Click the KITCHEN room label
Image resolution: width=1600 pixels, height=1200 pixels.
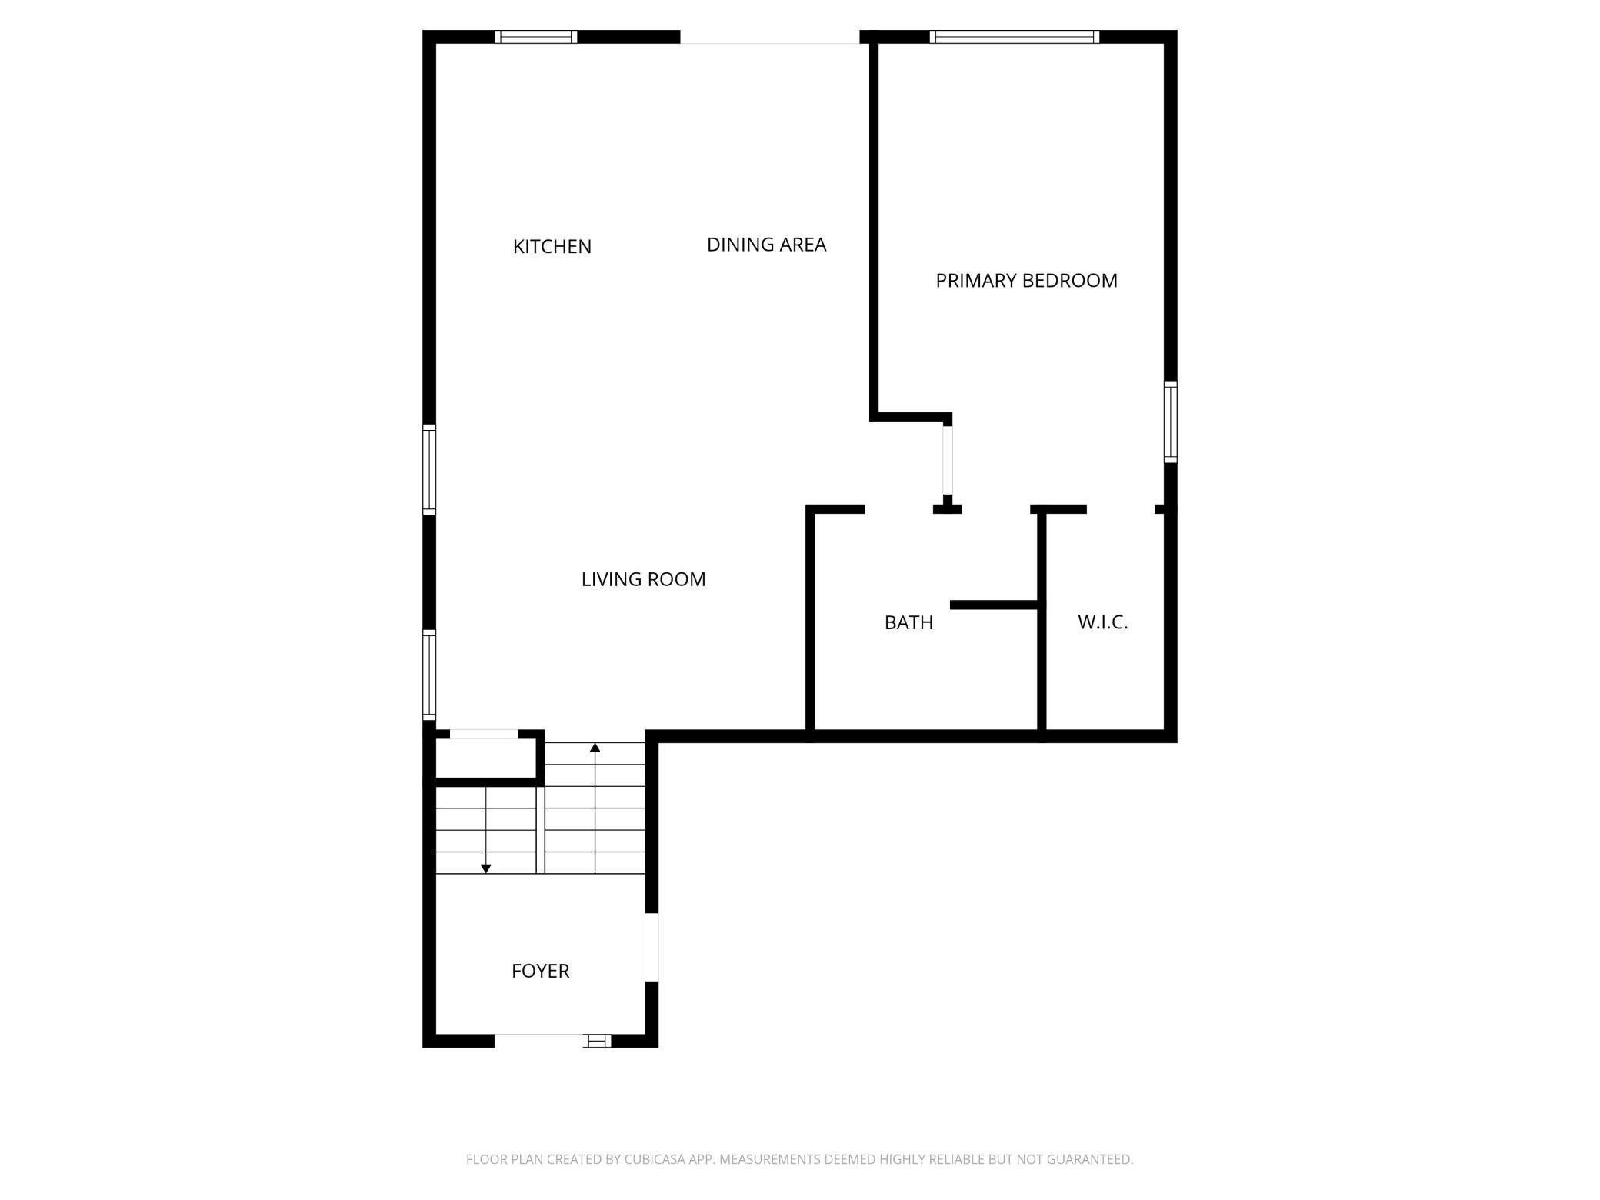pyautogui.click(x=552, y=247)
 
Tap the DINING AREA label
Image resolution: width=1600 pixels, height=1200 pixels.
pyautogui.click(x=766, y=245)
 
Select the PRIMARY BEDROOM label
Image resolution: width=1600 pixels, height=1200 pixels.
pyautogui.click(x=1026, y=281)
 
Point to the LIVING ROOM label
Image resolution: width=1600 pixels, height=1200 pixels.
pyautogui.click(x=643, y=579)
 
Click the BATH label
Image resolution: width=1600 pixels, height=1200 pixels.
pyautogui.click(x=908, y=622)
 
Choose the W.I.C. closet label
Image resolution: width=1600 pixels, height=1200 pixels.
pyautogui.click(x=1102, y=622)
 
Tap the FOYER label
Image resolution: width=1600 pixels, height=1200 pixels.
pyautogui.click(x=540, y=971)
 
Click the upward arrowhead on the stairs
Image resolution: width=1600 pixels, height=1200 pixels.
pyautogui.click(x=595, y=747)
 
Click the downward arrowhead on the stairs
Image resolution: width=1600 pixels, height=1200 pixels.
pyautogui.click(x=486, y=868)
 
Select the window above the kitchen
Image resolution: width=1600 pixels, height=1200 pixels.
pyautogui.click(x=535, y=36)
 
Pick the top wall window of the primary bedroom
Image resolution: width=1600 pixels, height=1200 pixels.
pyautogui.click(x=1014, y=36)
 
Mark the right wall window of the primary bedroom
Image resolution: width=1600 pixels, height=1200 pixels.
pyautogui.click(x=1170, y=422)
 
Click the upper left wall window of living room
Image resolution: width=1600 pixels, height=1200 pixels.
pyautogui.click(x=429, y=469)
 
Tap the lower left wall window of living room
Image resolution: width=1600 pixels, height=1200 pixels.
pyautogui.click(x=429, y=675)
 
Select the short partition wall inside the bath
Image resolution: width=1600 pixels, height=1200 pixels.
pyautogui.click(x=994, y=605)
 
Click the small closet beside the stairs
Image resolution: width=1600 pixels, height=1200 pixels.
pyautogui.click(x=485, y=758)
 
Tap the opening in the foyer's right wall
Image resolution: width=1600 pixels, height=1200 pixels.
pyautogui.click(x=652, y=947)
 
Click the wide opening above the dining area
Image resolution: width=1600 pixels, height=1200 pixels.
pyautogui.click(x=769, y=37)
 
